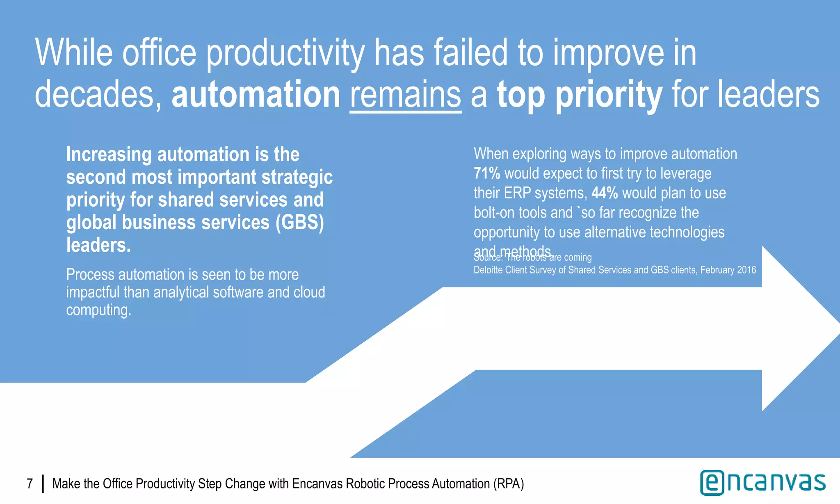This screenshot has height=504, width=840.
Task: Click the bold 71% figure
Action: [487, 173]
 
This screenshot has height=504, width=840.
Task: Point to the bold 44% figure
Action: [605, 193]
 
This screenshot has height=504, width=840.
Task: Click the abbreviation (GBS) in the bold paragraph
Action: [299, 223]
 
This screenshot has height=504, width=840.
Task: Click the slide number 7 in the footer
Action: [30, 484]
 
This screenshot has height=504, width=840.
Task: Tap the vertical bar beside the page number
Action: [43, 484]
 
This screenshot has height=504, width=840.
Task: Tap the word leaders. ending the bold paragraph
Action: [98, 245]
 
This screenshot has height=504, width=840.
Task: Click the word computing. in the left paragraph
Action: [98, 310]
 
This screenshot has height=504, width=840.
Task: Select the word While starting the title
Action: [74, 53]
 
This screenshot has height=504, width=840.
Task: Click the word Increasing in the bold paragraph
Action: [109, 155]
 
